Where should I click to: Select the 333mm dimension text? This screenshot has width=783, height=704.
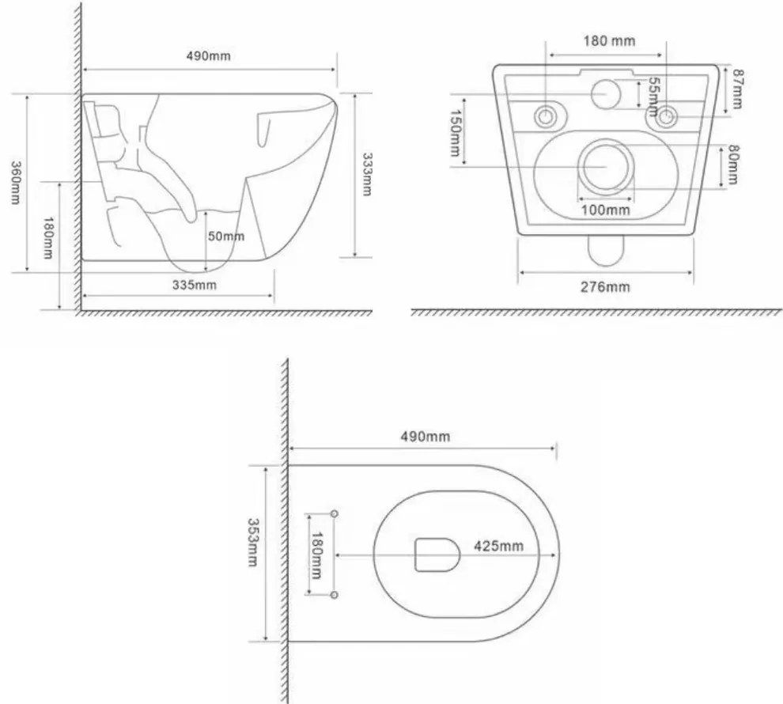tap(365, 175)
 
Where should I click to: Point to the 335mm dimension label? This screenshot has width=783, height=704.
tap(195, 284)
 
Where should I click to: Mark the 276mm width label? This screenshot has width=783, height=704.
tap(606, 286)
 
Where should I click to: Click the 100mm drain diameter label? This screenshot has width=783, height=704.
tap(606, 210)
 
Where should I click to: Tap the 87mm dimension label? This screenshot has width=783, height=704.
tap(736, 89)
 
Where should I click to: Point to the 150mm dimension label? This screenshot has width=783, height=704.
tap(456, 134)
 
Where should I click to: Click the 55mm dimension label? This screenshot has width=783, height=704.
tap(652, 93)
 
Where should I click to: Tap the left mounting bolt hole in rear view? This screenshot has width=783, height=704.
tap(547, 117)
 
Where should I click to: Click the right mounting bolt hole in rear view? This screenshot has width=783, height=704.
tap(668, 117)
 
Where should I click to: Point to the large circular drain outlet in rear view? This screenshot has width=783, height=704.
tap(606, 167)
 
